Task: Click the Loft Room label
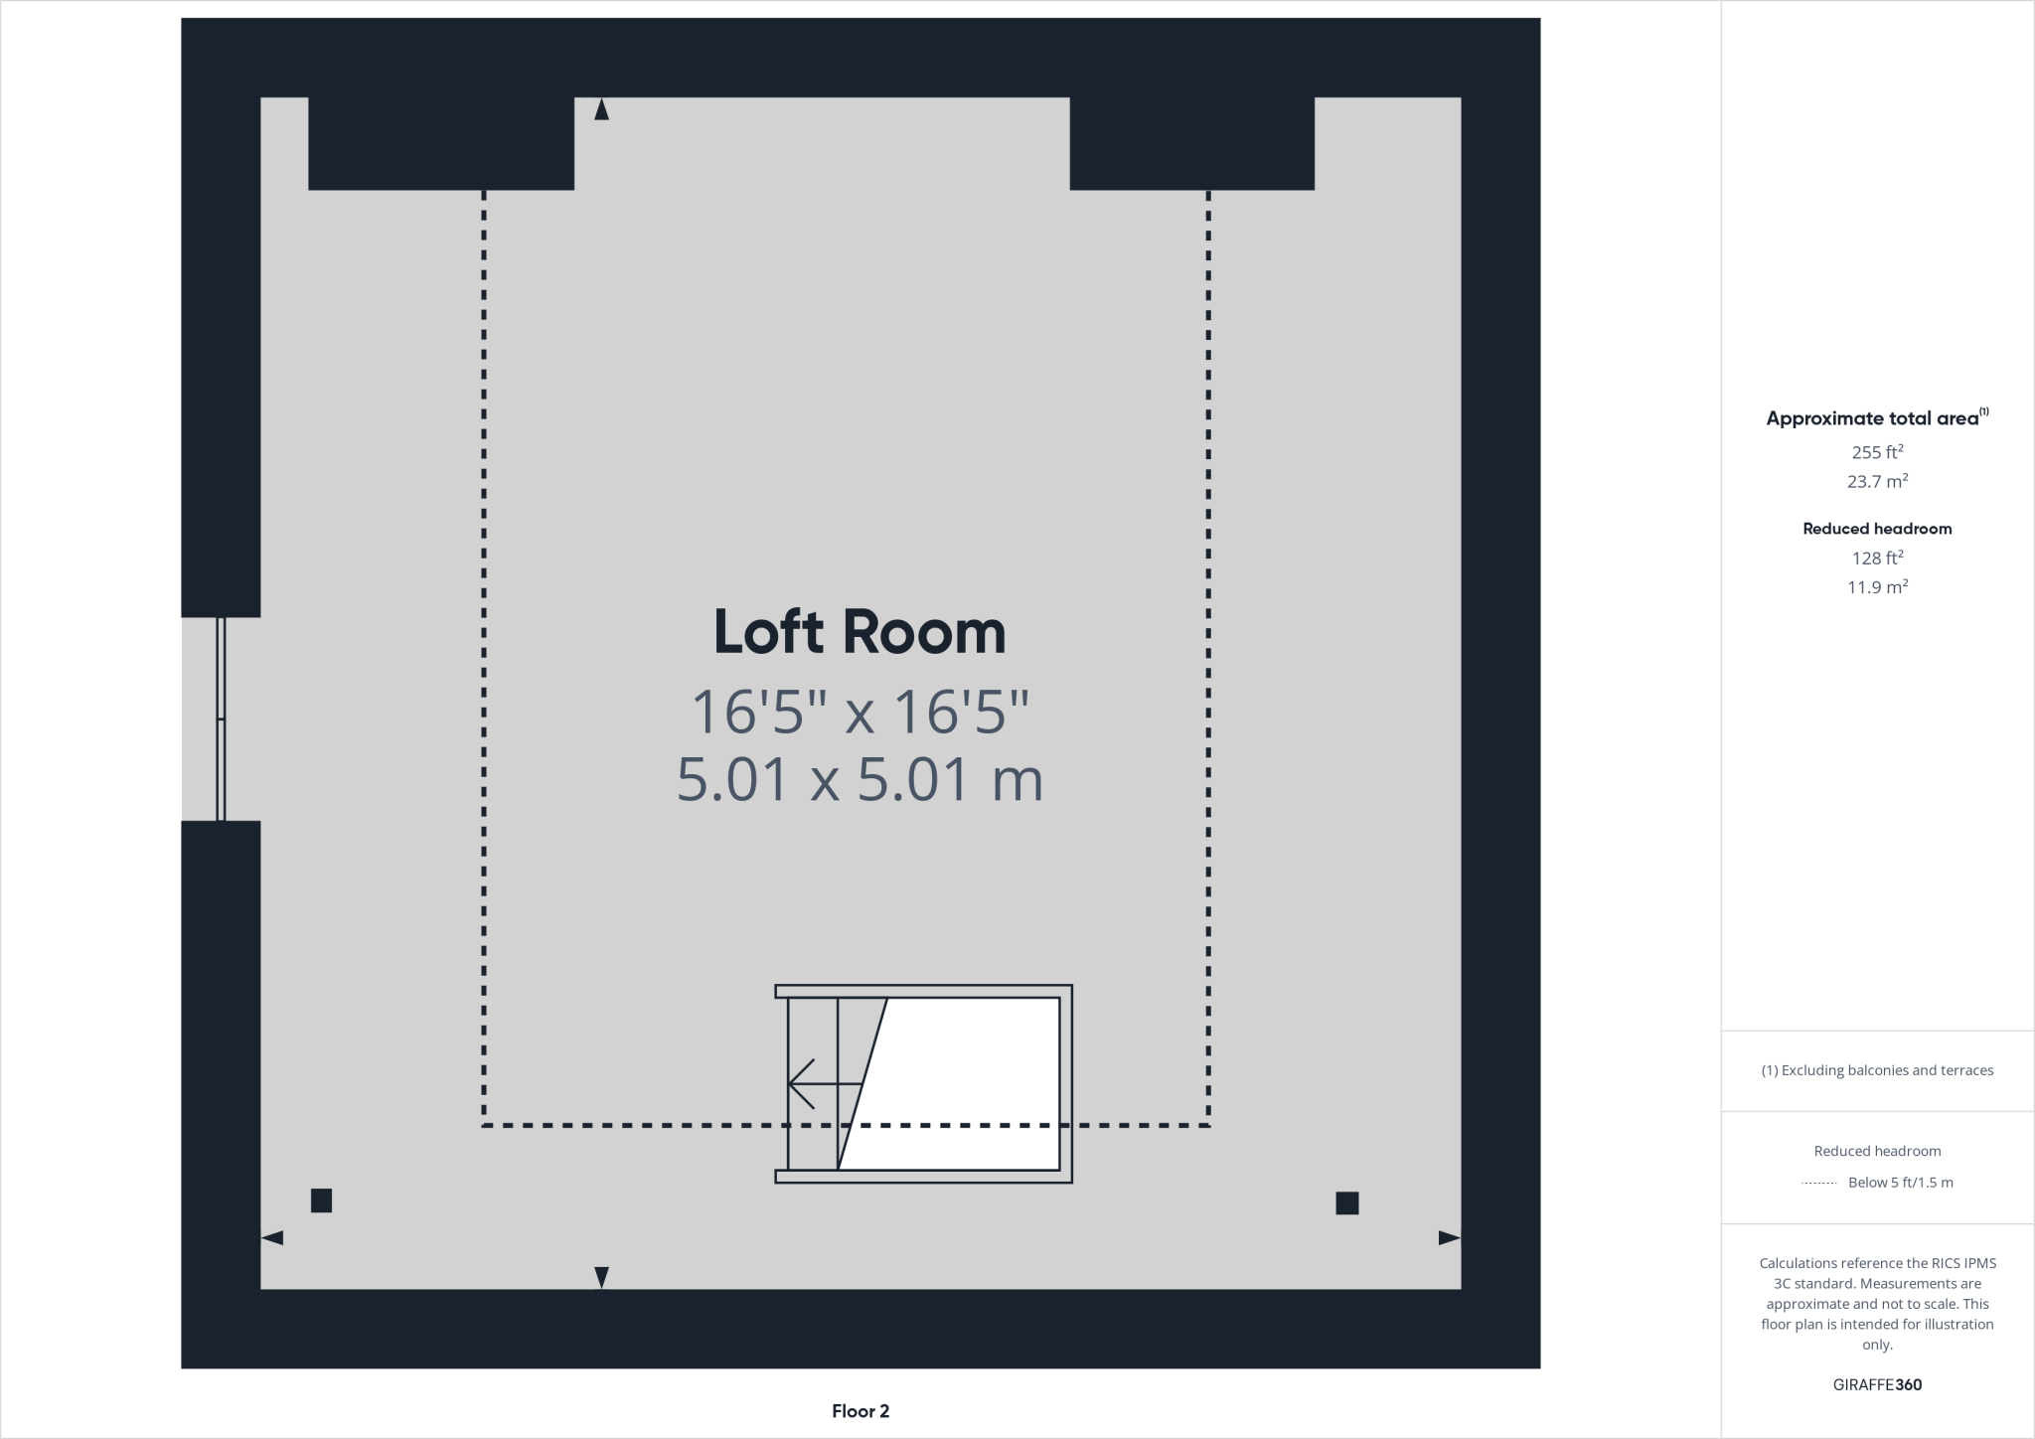pyautogui.click(x=860, y=633)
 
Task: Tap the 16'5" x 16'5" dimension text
pyautogui.click(x=860, y=712)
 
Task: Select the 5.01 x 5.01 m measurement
pyautogui.click(x=860, y=779)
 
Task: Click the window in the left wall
pyautogui.click(x=221, y=719)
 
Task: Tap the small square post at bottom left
pyautogui.click(x=321, y=1200)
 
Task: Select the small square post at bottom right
pyautogui.click(x=1346, y=1203)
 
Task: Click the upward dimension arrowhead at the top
pyautogui.click(x=601, y=109)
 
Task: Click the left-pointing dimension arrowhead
pyautogui.click(x=272, y=1238)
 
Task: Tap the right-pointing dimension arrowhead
pyautogui.click(x=1449, y=1238)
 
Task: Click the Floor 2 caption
pyautogui.click(x=861, y=1411)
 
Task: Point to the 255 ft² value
pyautogui.click(x=1877, y=452)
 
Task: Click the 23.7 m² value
pyautogui.click(x=1877, y=482)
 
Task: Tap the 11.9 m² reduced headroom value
pyautogui.click(x=1877, y=587)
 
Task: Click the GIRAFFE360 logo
pyautogui.click(x=1877, y=1384)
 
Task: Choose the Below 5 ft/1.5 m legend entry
pyautogui.click(x=1899, y=1183)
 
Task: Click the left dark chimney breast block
pyautogui.click(x=441, y=143)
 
